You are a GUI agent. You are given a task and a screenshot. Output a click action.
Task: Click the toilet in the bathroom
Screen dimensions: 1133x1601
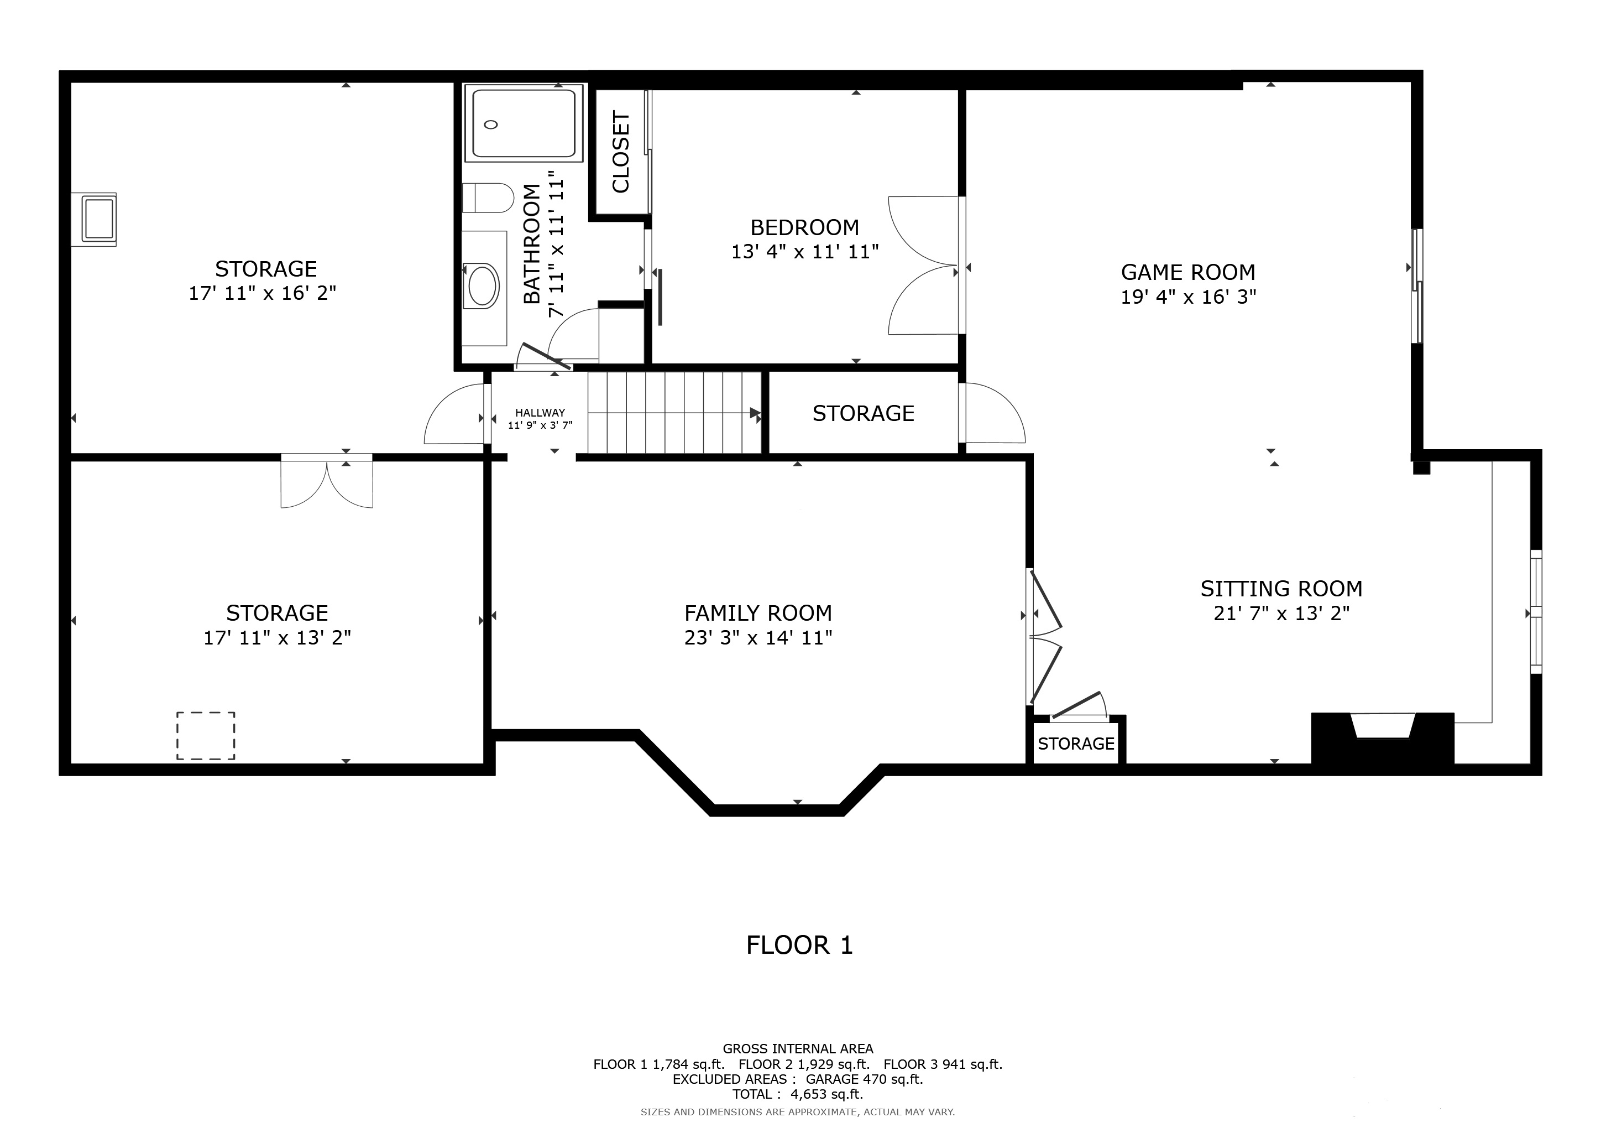tap(488, 198)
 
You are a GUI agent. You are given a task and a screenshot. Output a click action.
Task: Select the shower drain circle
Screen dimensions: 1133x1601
tap(491, 125)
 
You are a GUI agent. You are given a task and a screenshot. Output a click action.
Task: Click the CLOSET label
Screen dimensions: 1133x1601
tap(621, 152)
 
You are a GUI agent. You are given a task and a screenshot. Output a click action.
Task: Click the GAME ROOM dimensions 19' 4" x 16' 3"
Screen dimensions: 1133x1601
tap(1188, 297)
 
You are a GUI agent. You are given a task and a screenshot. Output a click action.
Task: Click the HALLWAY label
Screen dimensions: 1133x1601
tap(540, 413)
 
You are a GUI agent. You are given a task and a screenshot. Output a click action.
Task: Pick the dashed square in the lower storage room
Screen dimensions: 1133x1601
tap(206, 736)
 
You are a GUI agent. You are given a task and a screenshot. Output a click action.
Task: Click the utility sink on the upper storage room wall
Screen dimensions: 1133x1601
tap(98, 219)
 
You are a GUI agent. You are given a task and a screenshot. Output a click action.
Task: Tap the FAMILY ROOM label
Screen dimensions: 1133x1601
tap(758, 613)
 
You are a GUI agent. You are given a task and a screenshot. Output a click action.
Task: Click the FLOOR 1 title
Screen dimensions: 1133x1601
tap(799, 945)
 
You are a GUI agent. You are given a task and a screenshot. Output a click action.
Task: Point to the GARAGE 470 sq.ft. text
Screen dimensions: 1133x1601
tap(864, 1079)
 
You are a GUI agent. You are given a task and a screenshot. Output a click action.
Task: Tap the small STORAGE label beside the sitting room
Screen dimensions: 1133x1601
tap(1076, 744)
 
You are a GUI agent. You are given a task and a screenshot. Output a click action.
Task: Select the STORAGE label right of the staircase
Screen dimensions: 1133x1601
tap(864, 414)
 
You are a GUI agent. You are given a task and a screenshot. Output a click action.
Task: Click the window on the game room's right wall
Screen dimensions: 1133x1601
tap(1416, 286)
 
